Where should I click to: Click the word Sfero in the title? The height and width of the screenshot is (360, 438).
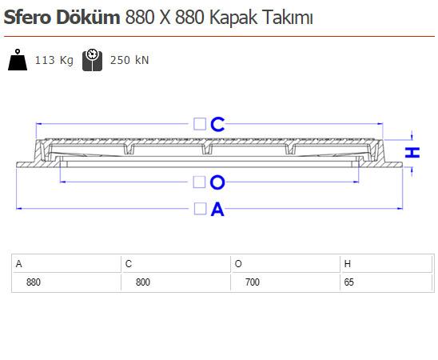[27, 18]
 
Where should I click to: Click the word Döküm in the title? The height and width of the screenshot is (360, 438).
[88, 17]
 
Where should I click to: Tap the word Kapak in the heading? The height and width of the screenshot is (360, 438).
[233, 18]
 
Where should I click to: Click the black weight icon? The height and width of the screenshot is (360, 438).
[18, 59]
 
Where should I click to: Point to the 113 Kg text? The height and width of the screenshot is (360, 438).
[54, 60]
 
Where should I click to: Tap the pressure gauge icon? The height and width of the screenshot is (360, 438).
[92, 60]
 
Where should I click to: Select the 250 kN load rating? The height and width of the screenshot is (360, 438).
[129, 60]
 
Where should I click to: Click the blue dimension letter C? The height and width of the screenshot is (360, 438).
[217, 124]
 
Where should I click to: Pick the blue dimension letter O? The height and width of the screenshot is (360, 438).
[217, 182]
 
